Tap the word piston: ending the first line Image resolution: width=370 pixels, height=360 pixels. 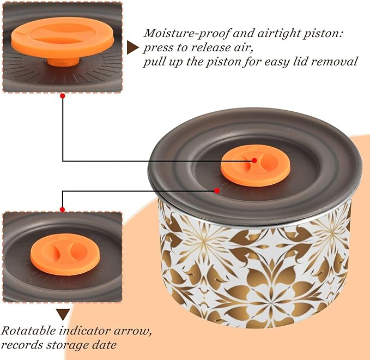click(323, 34)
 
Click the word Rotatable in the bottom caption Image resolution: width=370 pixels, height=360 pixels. click(28, 331)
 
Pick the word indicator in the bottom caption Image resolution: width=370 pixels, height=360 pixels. click(84, 331)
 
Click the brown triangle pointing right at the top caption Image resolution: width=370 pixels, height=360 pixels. click(132, 47)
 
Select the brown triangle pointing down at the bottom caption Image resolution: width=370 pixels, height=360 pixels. click(63, 314)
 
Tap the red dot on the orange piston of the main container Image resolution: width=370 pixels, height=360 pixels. click(254, 160)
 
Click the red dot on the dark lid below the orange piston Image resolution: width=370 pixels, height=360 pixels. click(217, 190)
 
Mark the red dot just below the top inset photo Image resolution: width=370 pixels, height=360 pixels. click(63, 96)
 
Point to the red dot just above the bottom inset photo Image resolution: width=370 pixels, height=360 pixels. click(62, 209)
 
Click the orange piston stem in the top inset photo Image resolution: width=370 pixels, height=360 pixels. click(63, 62)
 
